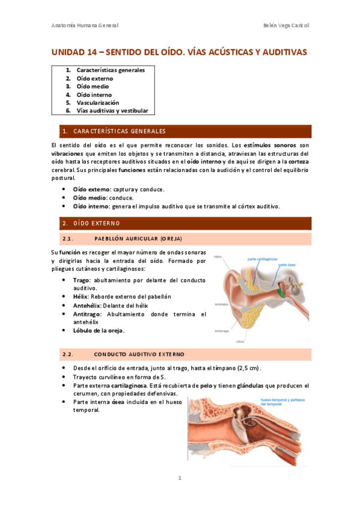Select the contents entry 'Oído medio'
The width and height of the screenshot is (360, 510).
[x=93, y=87]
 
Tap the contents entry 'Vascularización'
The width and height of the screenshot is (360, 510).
[x=97, y=103]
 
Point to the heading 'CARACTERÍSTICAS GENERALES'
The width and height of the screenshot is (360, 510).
[x=119, y=131]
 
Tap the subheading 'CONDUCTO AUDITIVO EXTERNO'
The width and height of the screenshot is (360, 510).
[x=139, y=354]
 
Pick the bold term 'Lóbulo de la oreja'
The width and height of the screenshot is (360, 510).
[x=98, y=330]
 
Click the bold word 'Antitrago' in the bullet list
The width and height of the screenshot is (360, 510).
[x=87, y=314]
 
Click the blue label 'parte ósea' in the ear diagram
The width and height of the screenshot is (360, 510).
[x=285, y=265]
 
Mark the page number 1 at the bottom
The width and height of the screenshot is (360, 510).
[x=179, y=479]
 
